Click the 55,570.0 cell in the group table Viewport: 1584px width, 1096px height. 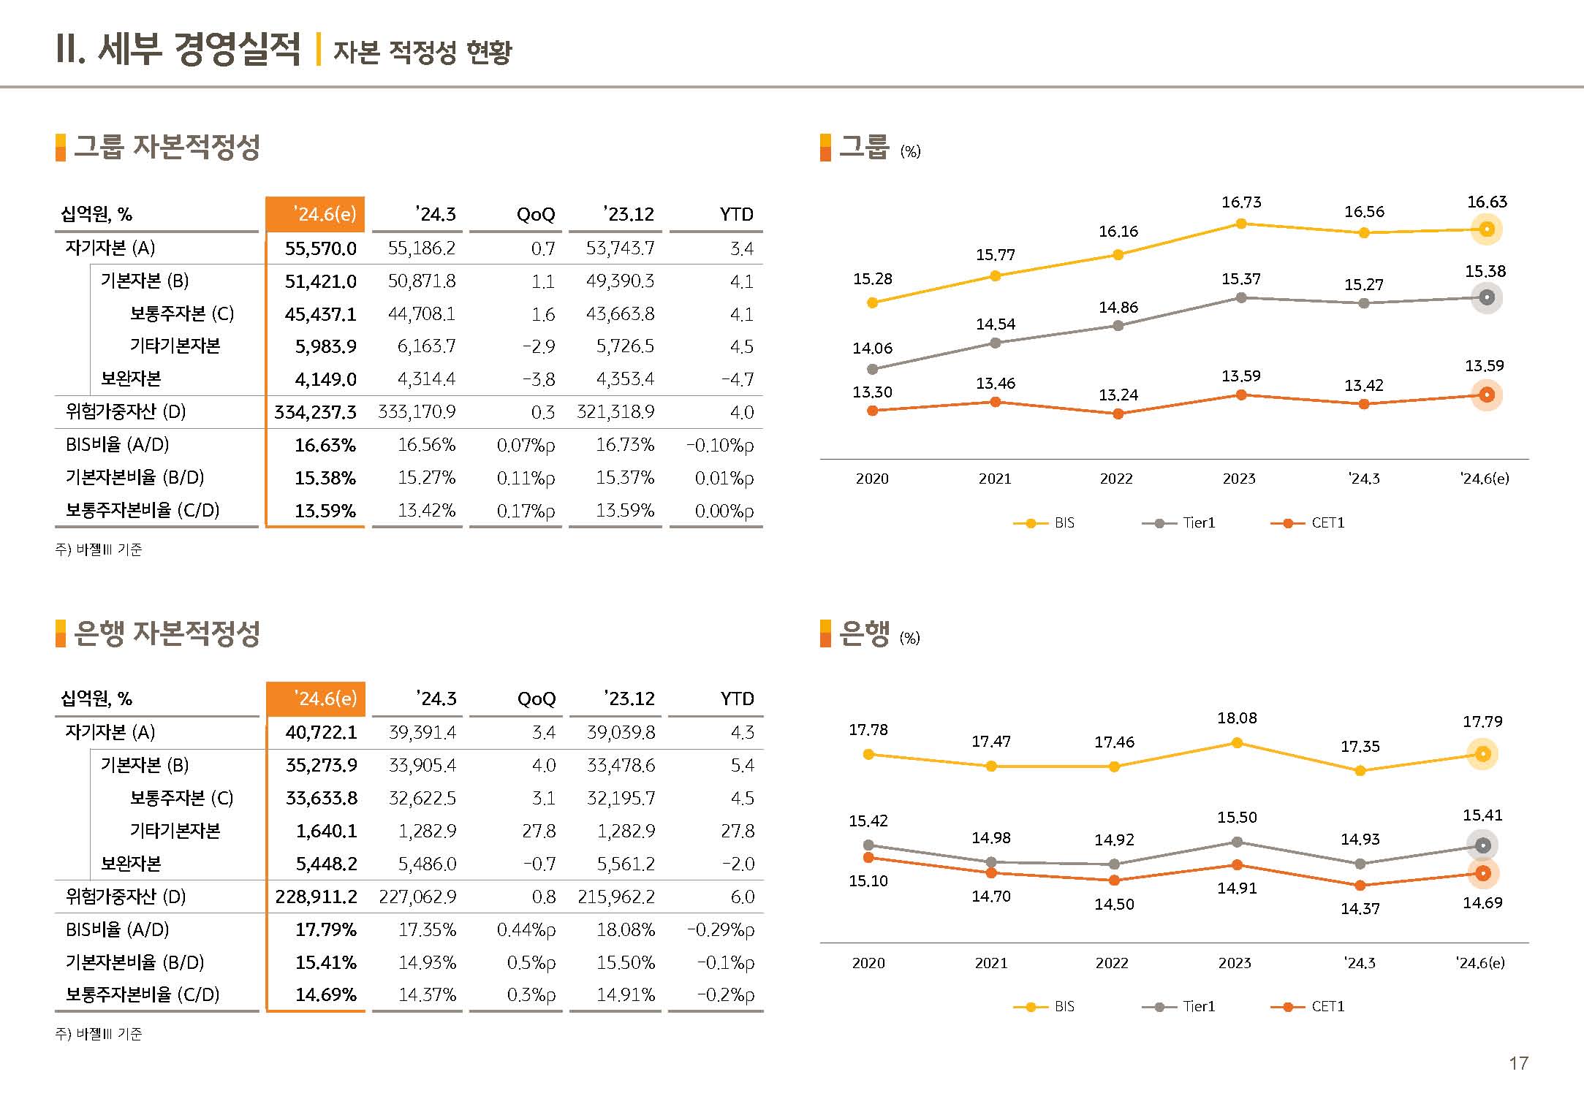(x=320, y=248)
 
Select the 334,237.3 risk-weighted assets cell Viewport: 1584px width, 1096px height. (x=315, y=412)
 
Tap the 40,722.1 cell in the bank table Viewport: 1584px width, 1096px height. (x=321, y=732)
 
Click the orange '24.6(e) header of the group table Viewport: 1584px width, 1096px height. (x=316, y=214)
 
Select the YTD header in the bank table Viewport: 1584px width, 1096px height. (x=737, y=699)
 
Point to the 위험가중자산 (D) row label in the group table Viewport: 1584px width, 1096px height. (x=126, y=412)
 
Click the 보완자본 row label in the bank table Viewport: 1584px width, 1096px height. (x=131, y=864)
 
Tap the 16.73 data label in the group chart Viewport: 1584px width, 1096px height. (x=1241, y=202)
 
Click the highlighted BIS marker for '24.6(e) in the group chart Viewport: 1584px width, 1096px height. (x=1486, y=229)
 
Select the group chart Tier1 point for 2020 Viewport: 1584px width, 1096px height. (x=872, y=369)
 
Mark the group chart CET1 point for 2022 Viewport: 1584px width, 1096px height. (x=1118, y=414)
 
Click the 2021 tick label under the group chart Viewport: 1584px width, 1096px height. (x=995, y=479)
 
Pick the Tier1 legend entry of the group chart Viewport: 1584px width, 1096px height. (x=1179, y=523)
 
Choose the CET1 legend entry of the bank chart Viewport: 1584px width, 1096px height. (x=1308, y=1007)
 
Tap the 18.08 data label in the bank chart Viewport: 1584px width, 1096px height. (x=1237, y=718)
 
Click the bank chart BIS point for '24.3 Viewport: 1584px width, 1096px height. (x=1360, y=770)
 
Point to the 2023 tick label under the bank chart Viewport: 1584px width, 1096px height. (x=1235, y=963)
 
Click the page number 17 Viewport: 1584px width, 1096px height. (x=1518, y=1063)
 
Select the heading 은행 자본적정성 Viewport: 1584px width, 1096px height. (x=167, y=633)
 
